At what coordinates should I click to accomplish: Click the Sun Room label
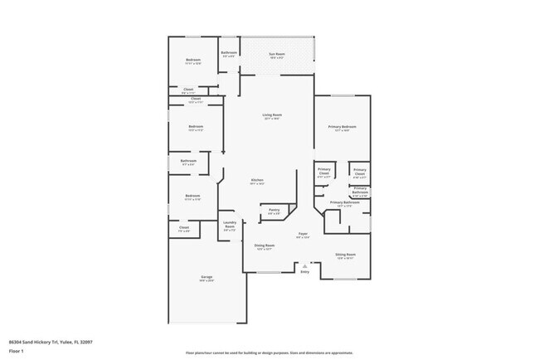pos(276,56)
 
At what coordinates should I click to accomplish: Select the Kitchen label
pos(258,181)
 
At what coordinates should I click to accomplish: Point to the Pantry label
pos(274,211)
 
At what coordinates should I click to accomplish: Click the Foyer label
pos(303,236)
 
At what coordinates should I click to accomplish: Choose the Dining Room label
pos(265,246)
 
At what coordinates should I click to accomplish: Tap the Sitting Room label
pos(345,255)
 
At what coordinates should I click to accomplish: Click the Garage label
pos(206,277)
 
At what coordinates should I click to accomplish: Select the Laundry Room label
pos(230,225)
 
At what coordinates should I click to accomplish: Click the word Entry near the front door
pos(304,271)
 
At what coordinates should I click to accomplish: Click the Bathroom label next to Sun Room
pos(229,53)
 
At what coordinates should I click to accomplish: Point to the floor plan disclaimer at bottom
pos(269,353)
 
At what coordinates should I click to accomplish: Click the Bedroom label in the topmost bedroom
pos(192,61)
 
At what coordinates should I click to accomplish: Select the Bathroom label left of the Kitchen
pos(188,161)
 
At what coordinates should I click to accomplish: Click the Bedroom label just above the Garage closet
pos(192,197)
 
